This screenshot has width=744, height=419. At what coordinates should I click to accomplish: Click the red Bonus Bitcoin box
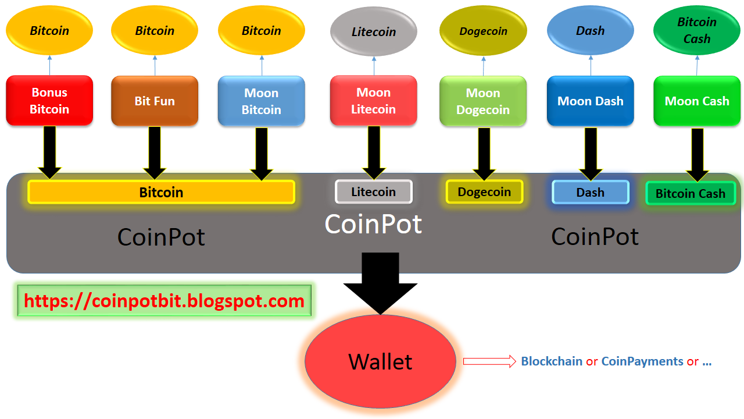[49, 101]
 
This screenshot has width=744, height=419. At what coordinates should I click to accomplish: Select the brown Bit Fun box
[155, 101]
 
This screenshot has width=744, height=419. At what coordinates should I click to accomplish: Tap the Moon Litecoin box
[373, 101]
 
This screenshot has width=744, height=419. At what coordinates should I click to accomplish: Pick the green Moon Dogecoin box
[483, 101]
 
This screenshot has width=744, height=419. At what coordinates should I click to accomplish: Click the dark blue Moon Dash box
[590, 101]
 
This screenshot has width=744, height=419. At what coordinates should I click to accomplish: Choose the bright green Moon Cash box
[697, 101]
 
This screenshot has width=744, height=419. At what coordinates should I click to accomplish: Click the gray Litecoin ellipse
[373, 31]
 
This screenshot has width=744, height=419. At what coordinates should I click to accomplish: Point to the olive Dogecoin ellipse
[483, 31]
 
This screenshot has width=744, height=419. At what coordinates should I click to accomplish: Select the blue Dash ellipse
[590, 30]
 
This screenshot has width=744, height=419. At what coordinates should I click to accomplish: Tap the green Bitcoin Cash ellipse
[697, 30]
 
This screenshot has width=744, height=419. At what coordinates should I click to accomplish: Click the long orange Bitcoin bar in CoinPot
[161, 192]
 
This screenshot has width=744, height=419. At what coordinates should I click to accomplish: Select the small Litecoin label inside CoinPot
[373, 191]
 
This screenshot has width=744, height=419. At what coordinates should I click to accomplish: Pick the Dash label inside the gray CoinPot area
[590, 192]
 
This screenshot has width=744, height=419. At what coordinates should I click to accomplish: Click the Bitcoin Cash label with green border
[691, 193]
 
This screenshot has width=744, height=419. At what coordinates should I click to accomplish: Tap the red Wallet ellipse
[380, 361]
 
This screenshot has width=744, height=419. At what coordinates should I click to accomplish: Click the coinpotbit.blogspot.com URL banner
[164, 301]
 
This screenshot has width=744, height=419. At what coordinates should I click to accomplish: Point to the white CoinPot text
[373, 224]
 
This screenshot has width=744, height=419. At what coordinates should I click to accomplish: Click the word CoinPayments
[642, 361]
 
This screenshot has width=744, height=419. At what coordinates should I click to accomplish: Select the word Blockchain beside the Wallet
[551, 361]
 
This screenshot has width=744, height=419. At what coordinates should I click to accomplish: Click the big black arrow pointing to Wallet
[380, 282]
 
